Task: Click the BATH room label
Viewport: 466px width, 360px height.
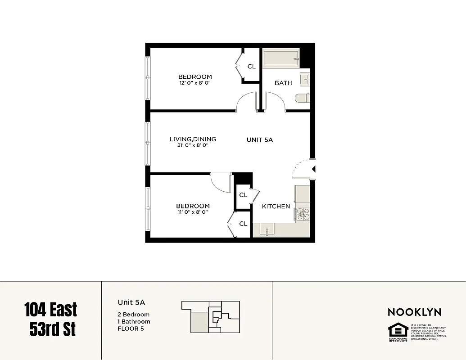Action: (283, 83)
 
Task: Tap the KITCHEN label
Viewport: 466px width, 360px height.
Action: (276, 206)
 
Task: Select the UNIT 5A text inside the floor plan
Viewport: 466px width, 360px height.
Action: (260, 140)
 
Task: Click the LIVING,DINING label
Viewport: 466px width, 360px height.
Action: (193, 139)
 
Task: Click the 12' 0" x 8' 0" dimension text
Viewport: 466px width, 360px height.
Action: (195, 83)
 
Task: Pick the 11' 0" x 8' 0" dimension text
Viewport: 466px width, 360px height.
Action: (193, 212)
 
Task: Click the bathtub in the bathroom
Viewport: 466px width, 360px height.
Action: (281, 58)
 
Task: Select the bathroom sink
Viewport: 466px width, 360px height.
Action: (305, 79)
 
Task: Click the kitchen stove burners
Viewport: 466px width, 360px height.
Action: (303, 214)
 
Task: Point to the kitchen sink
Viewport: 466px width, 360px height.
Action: (267, 230)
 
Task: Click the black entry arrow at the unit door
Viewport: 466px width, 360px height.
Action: (314, 169)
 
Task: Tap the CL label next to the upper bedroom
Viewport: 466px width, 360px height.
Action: (251, 67)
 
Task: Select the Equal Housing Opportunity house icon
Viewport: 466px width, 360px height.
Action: (398, 331)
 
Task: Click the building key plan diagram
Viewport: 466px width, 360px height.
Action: (211, 316)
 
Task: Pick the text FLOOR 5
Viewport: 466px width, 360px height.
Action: (131, 328)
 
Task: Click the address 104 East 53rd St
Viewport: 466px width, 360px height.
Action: (50, 319)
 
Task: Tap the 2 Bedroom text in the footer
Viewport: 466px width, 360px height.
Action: (133, 315)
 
